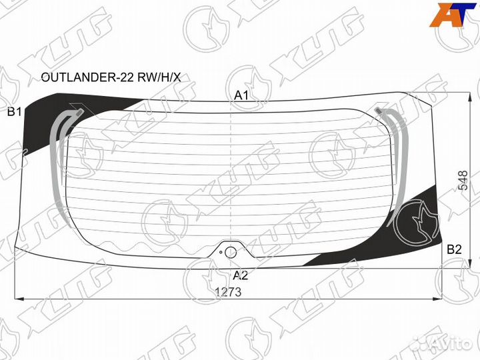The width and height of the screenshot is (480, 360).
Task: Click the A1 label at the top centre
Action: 241,95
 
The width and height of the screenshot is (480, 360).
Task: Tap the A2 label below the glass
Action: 240,275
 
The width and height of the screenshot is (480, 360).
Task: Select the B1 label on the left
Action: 14,112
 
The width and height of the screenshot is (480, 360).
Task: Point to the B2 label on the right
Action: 454,249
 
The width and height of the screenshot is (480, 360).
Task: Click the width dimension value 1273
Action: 228,292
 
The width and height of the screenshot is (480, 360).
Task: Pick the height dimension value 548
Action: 463,181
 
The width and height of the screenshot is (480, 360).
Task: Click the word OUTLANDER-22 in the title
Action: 87,77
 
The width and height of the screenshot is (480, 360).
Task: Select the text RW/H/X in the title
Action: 159,77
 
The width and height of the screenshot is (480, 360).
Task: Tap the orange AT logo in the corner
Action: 452,15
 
